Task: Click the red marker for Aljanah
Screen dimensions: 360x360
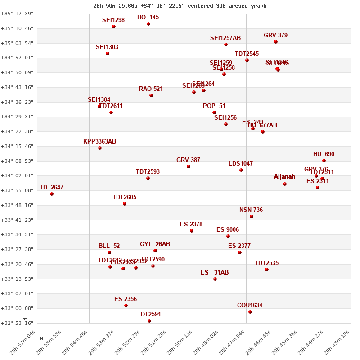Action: pyautogui.click(x=285, y=184)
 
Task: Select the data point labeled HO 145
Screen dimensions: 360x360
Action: pyautogui.click(x=148, y=24)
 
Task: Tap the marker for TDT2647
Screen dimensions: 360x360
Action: pyautogui.click(x=52, y=194)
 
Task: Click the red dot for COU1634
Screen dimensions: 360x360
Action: pyautogui.click(x=250, y=312)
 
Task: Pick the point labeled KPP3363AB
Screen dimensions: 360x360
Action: pyautogui.click(x=100, y=148)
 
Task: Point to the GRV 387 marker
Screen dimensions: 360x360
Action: pyautogui.click(x=189, y=166)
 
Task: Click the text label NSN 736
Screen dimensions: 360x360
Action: pyautogui.click(x=251, y=210)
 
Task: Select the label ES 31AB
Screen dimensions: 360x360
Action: pyautogui.click(x=215, y=273)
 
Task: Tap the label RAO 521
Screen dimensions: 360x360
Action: pyautogui.click(x=151, y=89)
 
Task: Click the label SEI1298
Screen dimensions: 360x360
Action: pyautogui.click(x=113, y=20)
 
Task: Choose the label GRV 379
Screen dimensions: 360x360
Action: pyautogui.click(x=275, y=36)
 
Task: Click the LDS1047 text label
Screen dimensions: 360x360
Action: pyautogui.click(x=241, y=164)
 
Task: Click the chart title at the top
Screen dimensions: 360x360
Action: pyautogui.click(x=180, y=6)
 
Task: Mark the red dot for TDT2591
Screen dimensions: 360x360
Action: pyautogui.click(x=149, y=321)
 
